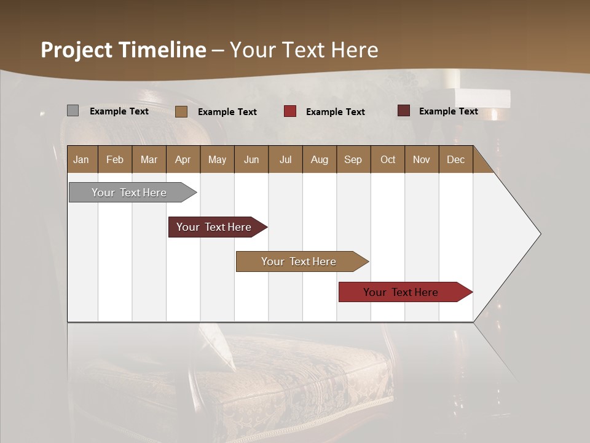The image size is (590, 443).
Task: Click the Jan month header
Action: (x=81, y=159)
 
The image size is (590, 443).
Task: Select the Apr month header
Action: (x=183, y=159)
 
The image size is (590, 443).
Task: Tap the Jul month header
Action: (x=285, y=159)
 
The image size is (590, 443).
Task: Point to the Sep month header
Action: (x=353, y=159)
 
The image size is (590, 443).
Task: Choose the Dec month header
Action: (x=455, y=159)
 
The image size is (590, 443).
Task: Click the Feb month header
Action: (x=115, y=159)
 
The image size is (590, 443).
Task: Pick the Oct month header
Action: (x=388, y=159)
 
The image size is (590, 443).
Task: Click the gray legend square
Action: (x=73, y=111)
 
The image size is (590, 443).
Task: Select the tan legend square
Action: (x=181, y=111)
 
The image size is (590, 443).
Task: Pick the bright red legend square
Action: (x=290, y=111)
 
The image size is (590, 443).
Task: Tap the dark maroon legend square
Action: (x=404, y=111)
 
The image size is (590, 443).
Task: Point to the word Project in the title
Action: (x=76, y=50)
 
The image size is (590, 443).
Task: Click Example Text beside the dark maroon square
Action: (x=448, y=111)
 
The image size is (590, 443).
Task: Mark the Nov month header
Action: (x=422, y=159)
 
